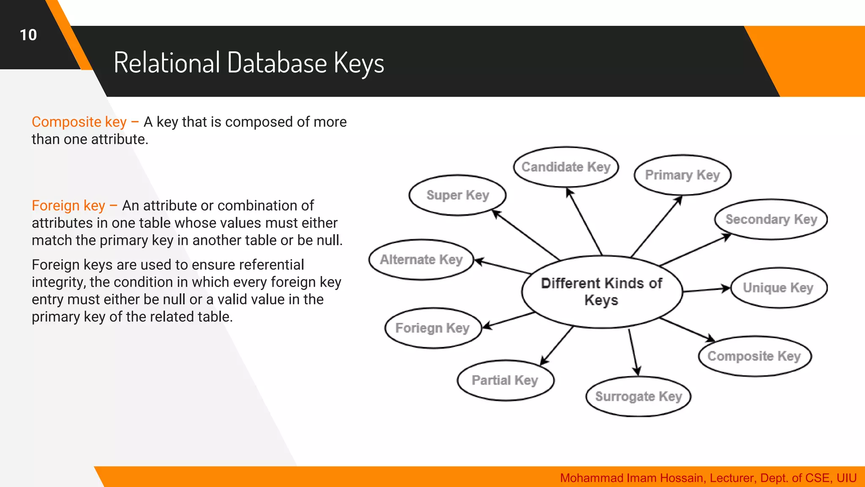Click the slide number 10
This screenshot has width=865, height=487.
pos(28,35)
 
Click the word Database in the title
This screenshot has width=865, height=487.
pos(277,63)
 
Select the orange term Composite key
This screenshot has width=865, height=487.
pos(79,122)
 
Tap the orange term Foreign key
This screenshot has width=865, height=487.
pos(68,205)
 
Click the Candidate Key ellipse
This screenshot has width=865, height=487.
pos(566,167)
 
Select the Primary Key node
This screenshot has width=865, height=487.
pos(683,175)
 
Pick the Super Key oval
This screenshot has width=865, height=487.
pos(457,195)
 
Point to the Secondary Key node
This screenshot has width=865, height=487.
pos(771,219)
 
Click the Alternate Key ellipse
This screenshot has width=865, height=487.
pos(421,260)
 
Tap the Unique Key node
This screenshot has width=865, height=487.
pos(778,288)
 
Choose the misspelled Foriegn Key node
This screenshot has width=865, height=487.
pos(432,328)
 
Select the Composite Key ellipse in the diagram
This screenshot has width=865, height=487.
pos(754,356)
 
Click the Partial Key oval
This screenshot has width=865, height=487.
pos(505,380)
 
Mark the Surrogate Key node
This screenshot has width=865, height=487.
pos(638,397)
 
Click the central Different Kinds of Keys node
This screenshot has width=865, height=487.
pos(601,292)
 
